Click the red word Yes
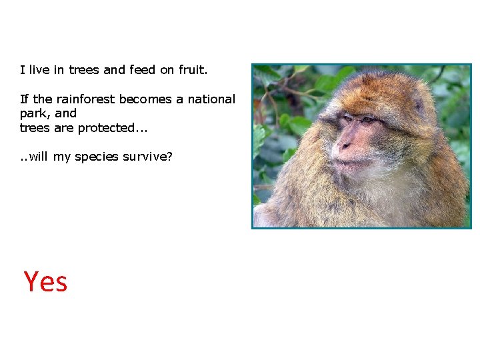[45, 281]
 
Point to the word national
[211, 99]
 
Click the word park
[34, 113]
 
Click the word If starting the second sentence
[25, 99]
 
